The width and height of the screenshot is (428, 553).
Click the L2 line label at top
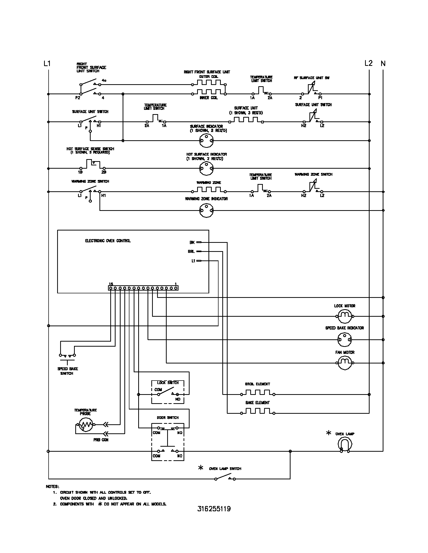[368, 63]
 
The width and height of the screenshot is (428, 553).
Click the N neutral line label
[383, 63]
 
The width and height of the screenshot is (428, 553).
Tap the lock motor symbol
[345, 316]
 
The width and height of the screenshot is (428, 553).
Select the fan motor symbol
[345, 363]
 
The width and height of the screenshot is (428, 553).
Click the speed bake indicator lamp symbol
[345, 340]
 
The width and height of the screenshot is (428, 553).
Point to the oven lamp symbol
[345, 444]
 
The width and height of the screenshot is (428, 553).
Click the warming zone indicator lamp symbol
[206, 210]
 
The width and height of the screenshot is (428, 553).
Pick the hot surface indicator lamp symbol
[206, 168]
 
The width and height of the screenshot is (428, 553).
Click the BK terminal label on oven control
[192, 242]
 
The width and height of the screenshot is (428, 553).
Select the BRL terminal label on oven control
[191, 251]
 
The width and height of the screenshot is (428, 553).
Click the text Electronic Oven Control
[108, 241]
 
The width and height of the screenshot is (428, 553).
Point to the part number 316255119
[214, 509]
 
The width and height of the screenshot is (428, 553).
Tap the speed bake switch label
[67, 371]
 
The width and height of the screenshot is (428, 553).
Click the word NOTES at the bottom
[52, 486]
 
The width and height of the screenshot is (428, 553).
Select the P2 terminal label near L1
[78, 98]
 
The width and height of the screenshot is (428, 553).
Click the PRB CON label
[101, 440]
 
